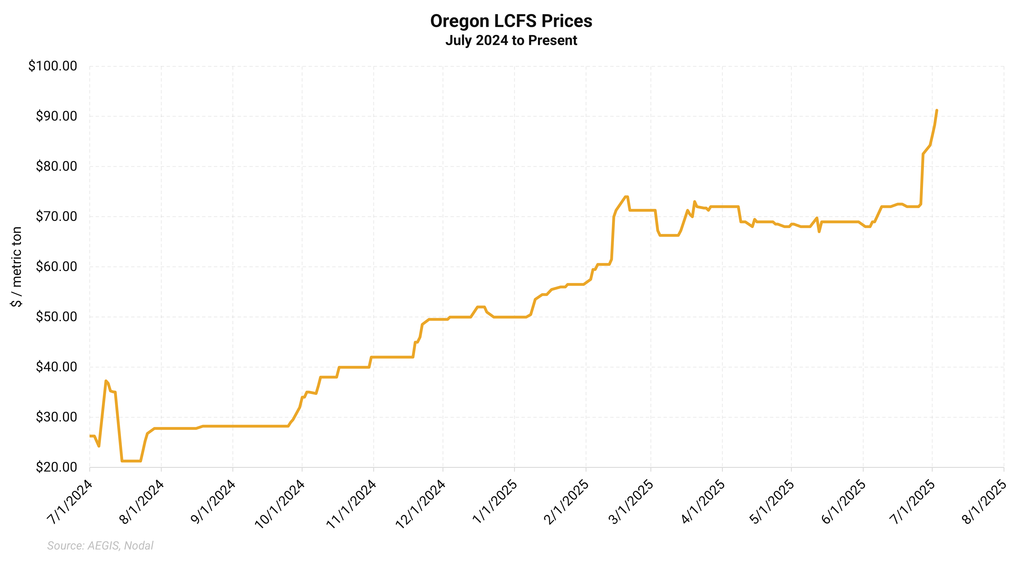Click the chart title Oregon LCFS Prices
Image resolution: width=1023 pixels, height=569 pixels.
(x=511, y=21)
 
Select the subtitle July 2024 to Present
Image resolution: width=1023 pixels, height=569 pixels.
(x=511, y=41)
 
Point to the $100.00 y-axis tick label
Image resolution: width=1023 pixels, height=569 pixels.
(x=52, y=66)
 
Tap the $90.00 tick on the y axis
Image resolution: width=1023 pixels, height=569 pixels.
(x=56, y=116)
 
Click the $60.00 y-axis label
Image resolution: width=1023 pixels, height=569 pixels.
(x=56, y=267)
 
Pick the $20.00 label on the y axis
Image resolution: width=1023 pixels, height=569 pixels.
(x=56, y=467)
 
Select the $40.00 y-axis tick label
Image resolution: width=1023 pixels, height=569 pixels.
(x=56, y=367)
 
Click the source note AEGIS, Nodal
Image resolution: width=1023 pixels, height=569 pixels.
(x=100, y=546)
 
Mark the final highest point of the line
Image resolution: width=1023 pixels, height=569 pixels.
(x=937, y=110)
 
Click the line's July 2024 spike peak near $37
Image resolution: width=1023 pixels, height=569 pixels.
(x=106, y=381)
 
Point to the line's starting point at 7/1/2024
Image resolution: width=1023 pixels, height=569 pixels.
(x=90, y=436)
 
